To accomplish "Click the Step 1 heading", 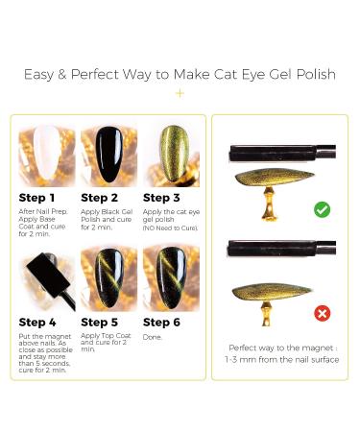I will pos(36,198).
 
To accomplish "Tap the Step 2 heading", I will pos(99,198).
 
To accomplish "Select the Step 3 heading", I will pos(161,198).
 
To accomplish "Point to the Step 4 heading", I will pos(37,323).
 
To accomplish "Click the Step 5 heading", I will pos(100,323).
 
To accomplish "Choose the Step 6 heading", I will pos(162,323).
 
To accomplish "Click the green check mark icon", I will pos(322,209).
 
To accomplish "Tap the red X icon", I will pos(322,313).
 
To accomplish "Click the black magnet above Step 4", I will pos(42,273).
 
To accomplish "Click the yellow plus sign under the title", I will pos(180,93).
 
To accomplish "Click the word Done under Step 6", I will pos(153,337).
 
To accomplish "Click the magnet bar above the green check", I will pos(281,151).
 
